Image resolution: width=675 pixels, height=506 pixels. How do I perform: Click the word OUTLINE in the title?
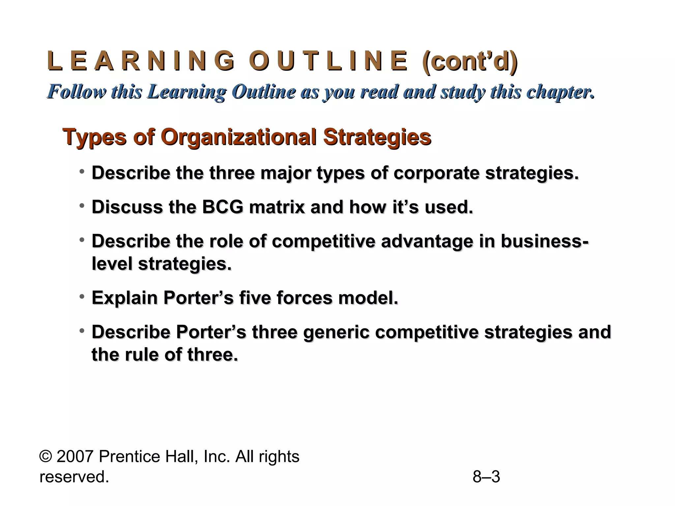(328, 61)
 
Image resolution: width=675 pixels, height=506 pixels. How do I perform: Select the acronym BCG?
(222, 207)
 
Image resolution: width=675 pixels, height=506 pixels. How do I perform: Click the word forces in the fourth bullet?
(305, 298)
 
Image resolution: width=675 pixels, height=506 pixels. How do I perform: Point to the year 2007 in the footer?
(75, 457)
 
